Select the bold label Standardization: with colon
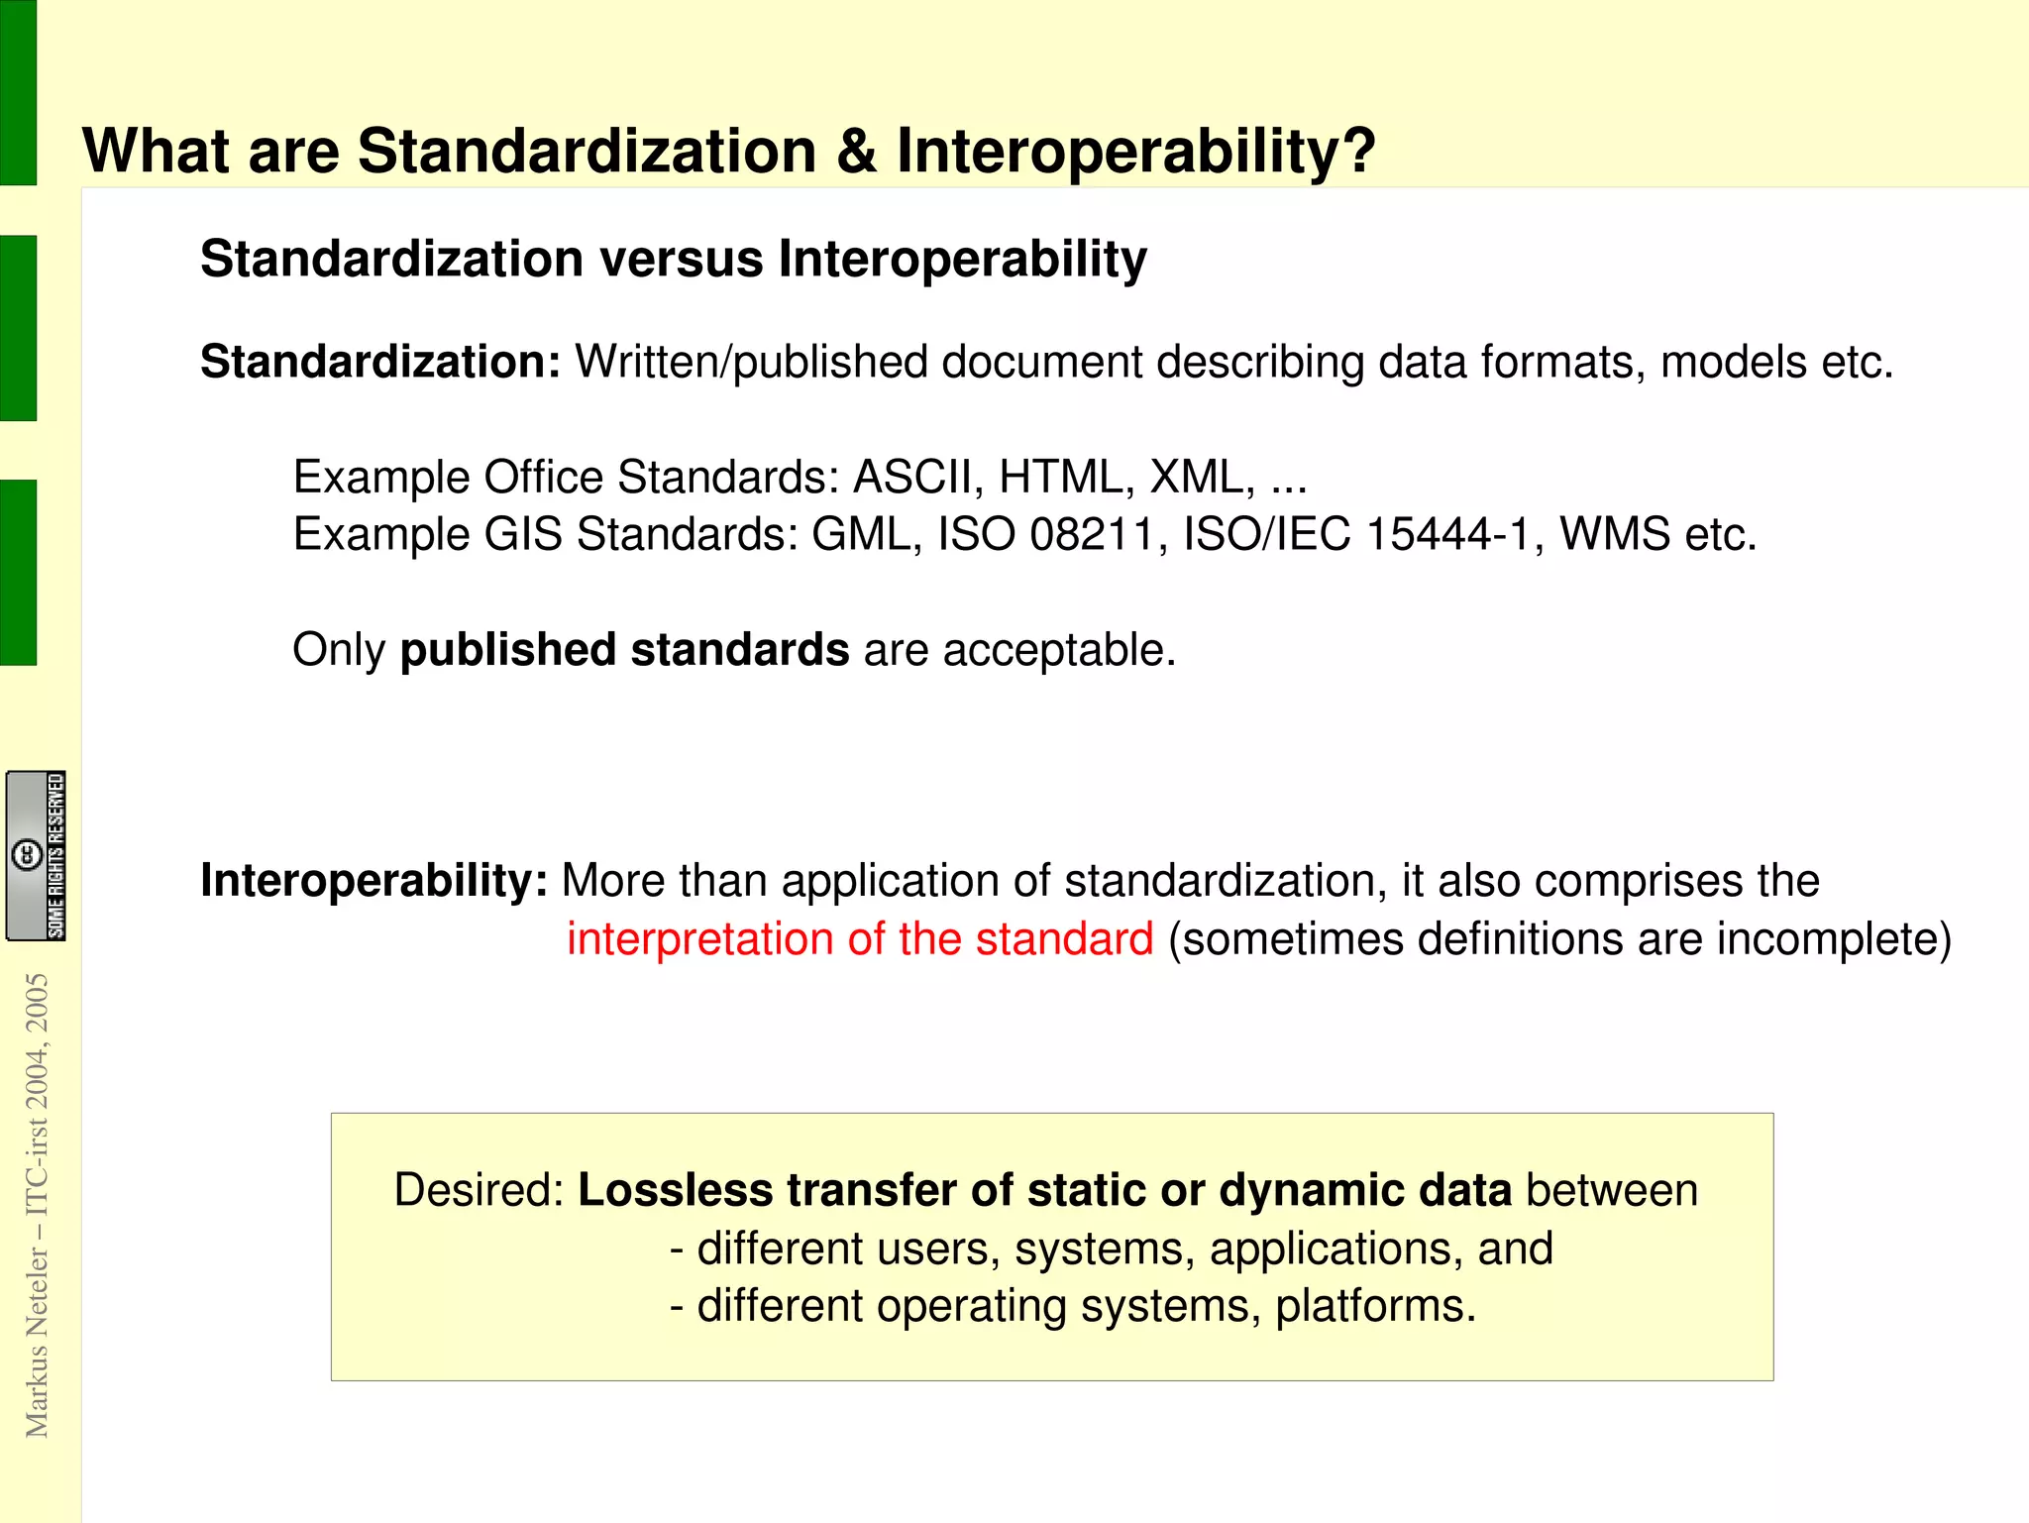pos(380,362)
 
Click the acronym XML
pos(1201,478)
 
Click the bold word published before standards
pos(507,651)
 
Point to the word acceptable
pos(1058,651)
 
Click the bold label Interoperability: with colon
pos(374,881)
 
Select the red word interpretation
pos(699,939)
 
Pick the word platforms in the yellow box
pos(1375,1306)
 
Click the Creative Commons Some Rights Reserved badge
pos(37,856)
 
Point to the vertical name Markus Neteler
pos(37,1343)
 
